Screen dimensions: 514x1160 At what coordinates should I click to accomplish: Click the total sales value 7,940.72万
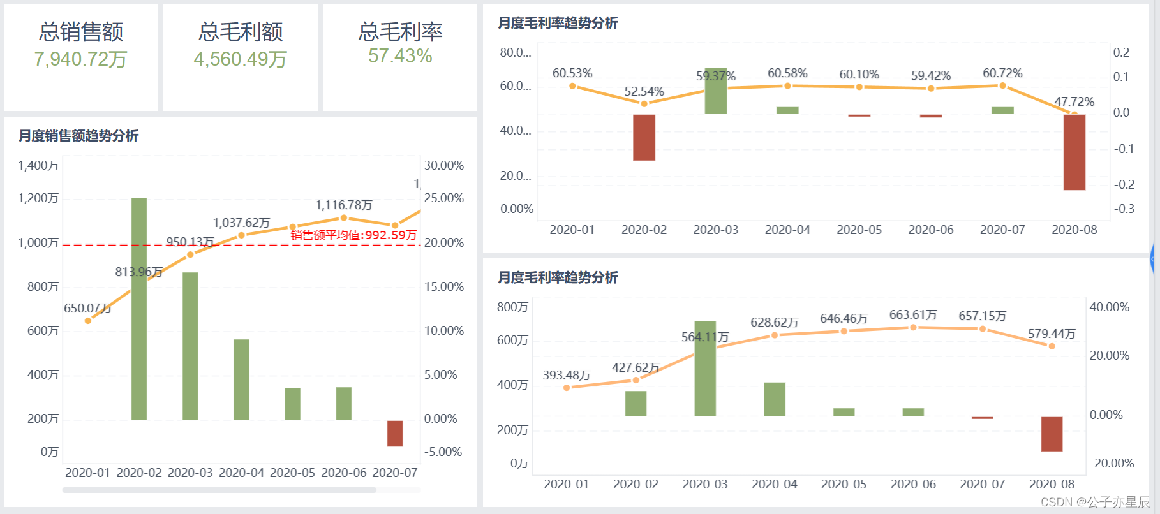80,59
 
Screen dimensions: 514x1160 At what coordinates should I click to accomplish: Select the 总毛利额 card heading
241,31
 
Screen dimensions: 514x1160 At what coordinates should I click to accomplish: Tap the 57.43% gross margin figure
400,56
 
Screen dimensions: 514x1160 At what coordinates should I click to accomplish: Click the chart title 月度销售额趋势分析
78,136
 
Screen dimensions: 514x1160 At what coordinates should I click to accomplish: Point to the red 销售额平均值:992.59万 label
353,235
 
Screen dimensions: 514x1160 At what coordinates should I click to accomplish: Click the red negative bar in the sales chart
395,433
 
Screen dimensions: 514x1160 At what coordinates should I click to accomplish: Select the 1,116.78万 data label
343,205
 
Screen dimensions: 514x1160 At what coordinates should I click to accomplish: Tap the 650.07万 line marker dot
88,321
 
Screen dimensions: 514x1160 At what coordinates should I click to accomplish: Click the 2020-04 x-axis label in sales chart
241,473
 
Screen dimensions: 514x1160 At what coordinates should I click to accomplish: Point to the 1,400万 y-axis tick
38,166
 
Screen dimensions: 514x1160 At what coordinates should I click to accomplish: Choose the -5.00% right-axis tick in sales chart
443,452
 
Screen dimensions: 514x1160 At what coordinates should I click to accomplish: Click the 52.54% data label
644,92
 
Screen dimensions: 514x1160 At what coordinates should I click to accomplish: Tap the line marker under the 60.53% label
572,86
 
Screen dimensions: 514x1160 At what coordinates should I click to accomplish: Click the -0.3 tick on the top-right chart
1124,209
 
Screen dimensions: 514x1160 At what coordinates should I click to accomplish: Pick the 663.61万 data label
913,315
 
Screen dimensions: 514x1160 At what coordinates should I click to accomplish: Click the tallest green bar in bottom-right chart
705,369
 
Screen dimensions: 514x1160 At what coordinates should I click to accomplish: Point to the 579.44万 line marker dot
1052,346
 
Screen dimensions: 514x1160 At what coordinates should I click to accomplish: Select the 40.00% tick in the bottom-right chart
1109,307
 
